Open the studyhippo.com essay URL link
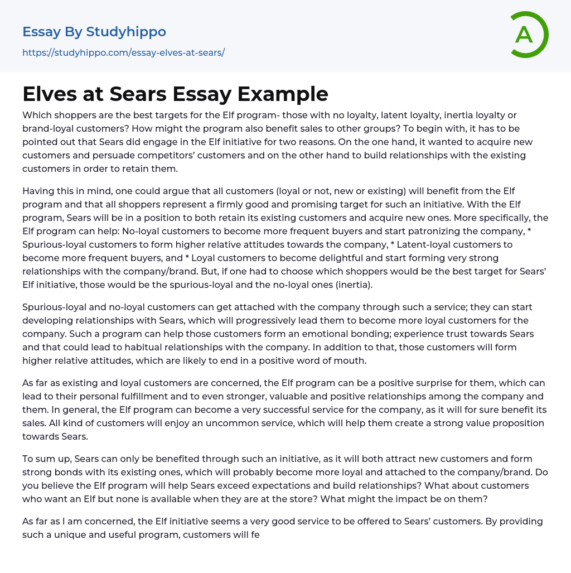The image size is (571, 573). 123,53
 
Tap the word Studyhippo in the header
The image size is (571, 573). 126,32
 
